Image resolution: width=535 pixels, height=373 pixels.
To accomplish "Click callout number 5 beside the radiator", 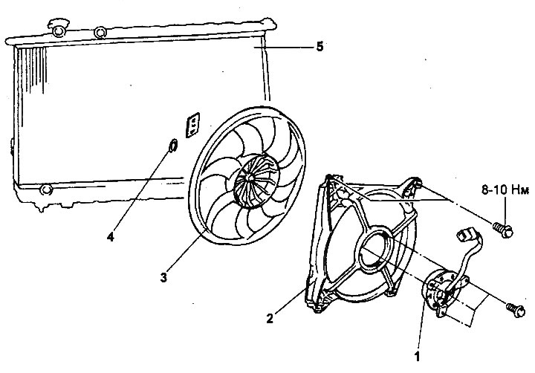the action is point(320,46).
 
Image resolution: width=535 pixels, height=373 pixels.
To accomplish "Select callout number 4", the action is point(110,236).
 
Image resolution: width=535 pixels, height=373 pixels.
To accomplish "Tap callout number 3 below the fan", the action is point(163,277).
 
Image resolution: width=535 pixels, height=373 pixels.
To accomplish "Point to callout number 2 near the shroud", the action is point(270,319).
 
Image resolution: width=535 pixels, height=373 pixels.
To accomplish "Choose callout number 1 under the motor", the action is point(417,357).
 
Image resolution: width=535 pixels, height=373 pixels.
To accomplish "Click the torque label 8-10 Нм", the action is point(505,189).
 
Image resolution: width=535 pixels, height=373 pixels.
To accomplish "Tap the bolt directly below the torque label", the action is point(503,230).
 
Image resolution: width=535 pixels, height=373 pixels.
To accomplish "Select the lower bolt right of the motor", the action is point(516,310).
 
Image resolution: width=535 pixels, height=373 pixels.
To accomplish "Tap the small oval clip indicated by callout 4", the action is point(172,145).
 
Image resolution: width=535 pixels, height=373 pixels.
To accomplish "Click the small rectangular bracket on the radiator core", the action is point(192,125).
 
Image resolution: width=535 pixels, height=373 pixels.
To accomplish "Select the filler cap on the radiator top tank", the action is point(59,28).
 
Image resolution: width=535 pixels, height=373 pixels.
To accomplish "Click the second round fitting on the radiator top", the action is point(100,33).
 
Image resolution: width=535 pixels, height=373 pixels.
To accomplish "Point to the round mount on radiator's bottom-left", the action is point(46,189).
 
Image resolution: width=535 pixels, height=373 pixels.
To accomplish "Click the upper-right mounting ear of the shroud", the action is point(412,186).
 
